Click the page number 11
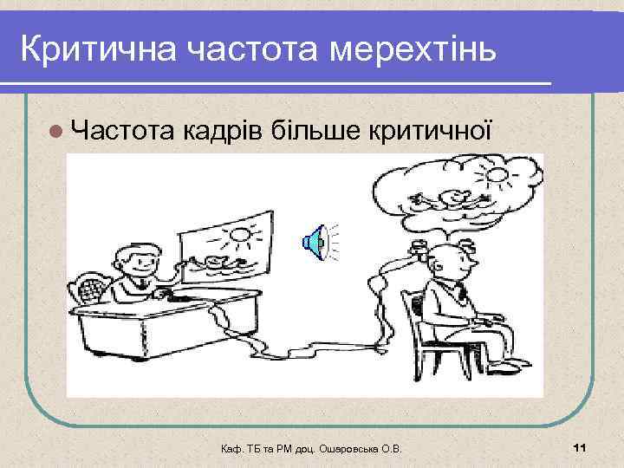click(x=581, y=446)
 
